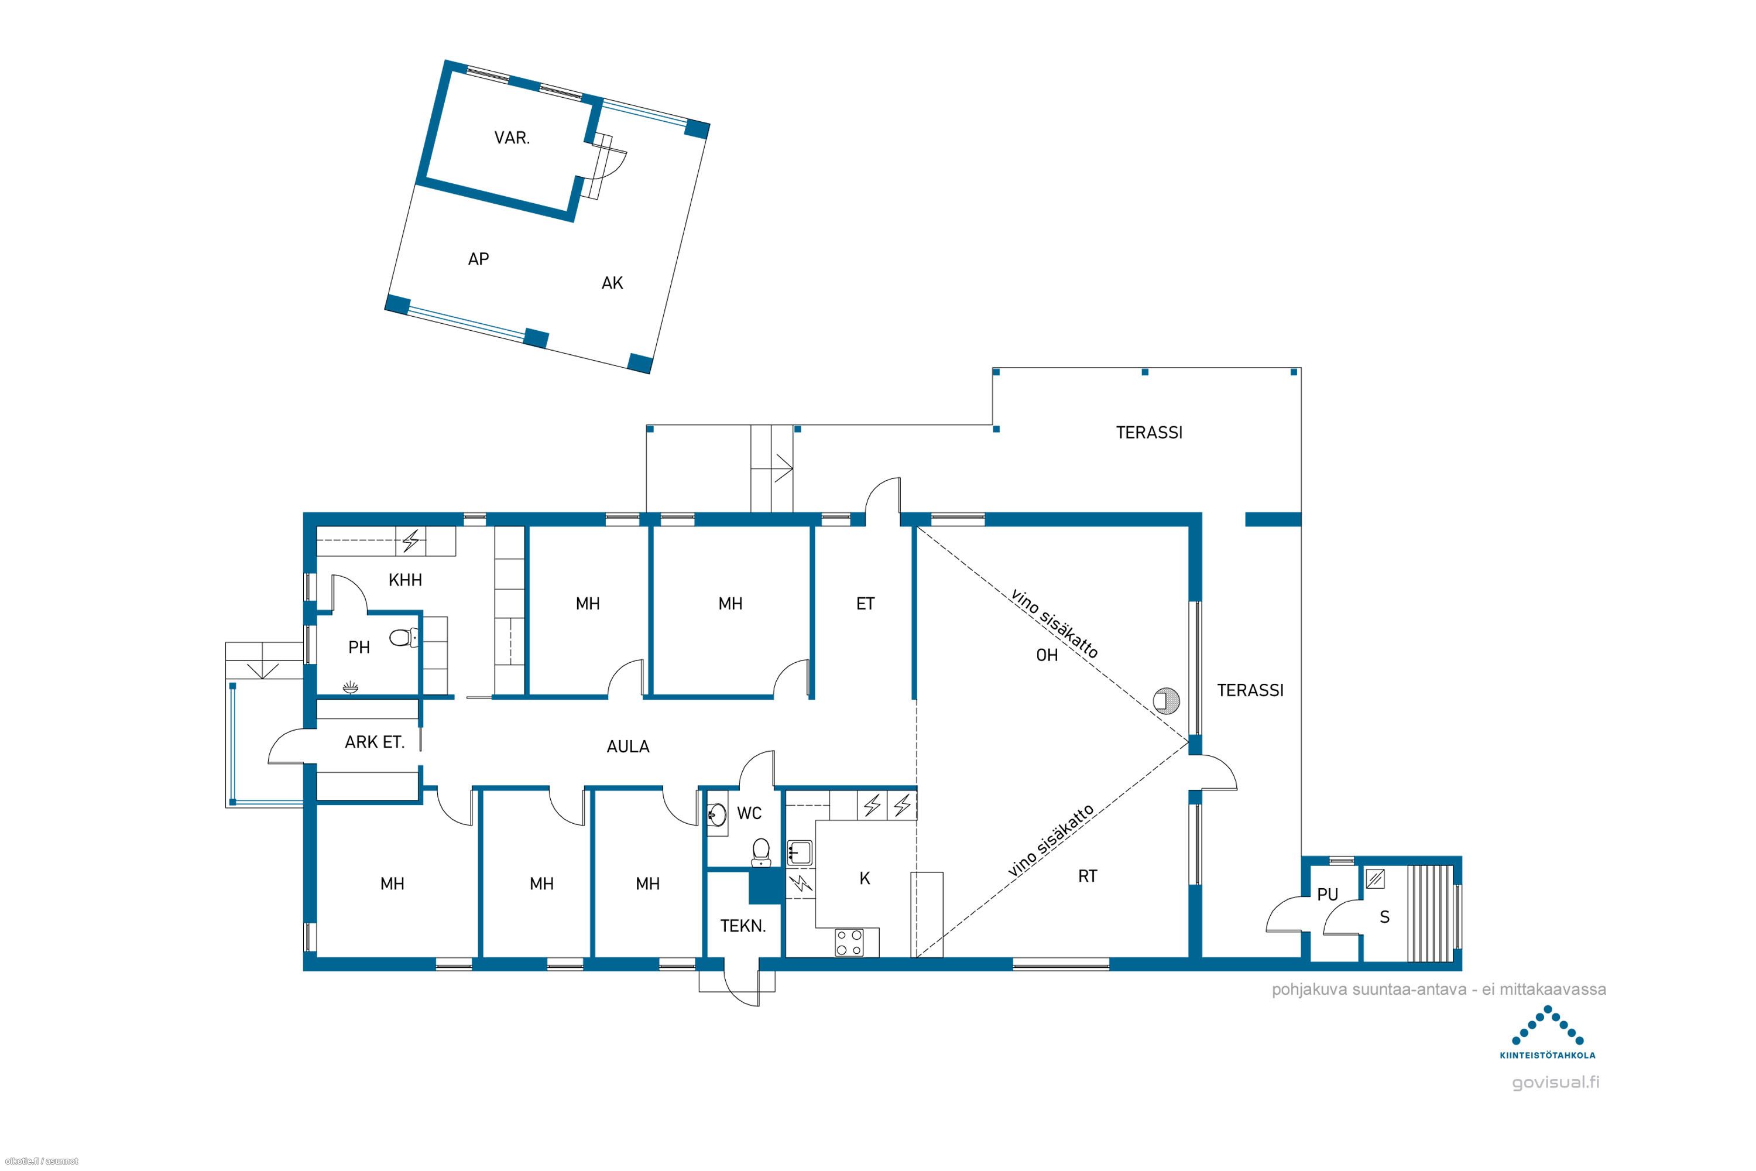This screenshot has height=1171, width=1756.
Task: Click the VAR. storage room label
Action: coord(512,138)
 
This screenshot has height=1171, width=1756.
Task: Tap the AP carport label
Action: coord(479,259)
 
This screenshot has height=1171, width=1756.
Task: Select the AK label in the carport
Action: coord(612,283)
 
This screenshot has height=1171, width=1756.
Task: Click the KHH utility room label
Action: coord(406,580)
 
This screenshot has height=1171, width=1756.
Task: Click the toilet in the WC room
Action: coord(761,852)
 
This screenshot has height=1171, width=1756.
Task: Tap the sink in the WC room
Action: coord(718,815)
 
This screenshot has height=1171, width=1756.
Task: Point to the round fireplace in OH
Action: coord(1168,700)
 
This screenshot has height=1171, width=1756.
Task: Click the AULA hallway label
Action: coord(628,746)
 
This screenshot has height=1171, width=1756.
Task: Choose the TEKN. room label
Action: coord(743,926)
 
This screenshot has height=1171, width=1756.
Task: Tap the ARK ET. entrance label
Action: coord(375,742)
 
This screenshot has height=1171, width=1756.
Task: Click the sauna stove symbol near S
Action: coord(1374,879)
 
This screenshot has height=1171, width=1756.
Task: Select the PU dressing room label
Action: coord(1328,894)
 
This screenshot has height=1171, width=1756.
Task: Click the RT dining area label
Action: coord(1087,876)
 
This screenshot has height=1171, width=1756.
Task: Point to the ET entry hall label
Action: coord(865,604)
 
